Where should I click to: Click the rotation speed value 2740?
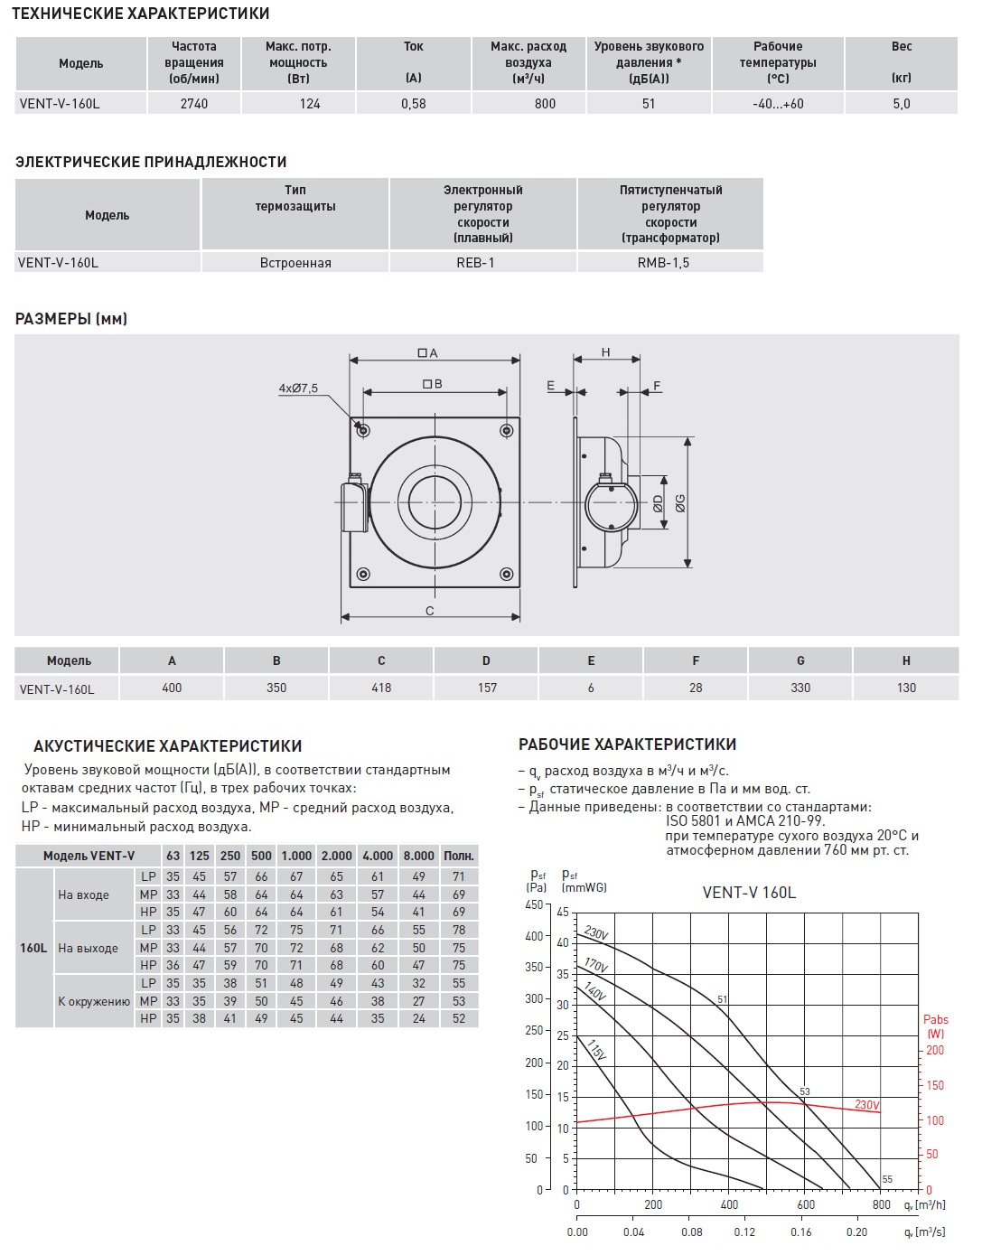(193, 104)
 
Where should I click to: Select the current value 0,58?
(413, 104)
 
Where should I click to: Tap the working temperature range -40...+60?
(777, 104)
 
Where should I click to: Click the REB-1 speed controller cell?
(482, 263)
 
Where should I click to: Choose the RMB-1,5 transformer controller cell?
(669, 263)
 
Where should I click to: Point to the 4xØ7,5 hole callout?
(298, 389)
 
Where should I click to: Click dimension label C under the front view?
(430, 612)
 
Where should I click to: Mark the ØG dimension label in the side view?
(680, 503)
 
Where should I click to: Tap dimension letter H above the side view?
(606, 352)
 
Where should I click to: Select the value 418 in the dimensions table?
(381, 688)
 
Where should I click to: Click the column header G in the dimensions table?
(800, 661)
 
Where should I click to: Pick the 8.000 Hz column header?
(418, 856)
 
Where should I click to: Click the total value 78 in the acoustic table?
(459, 930)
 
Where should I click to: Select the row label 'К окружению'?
(94, 1001)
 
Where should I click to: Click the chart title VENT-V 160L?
(749, 893)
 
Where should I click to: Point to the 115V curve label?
(595, 1050)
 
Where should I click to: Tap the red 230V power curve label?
(866, 1105)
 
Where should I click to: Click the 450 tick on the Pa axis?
(534, 905)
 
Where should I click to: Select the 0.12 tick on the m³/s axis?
(745, 1232)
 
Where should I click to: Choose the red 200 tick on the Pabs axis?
(935, 1050)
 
